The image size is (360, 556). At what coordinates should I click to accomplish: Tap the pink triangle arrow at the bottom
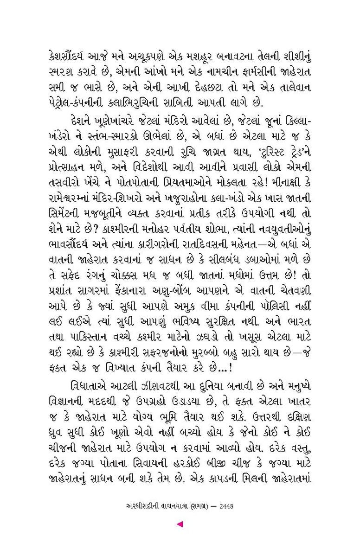tap(180, 524)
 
